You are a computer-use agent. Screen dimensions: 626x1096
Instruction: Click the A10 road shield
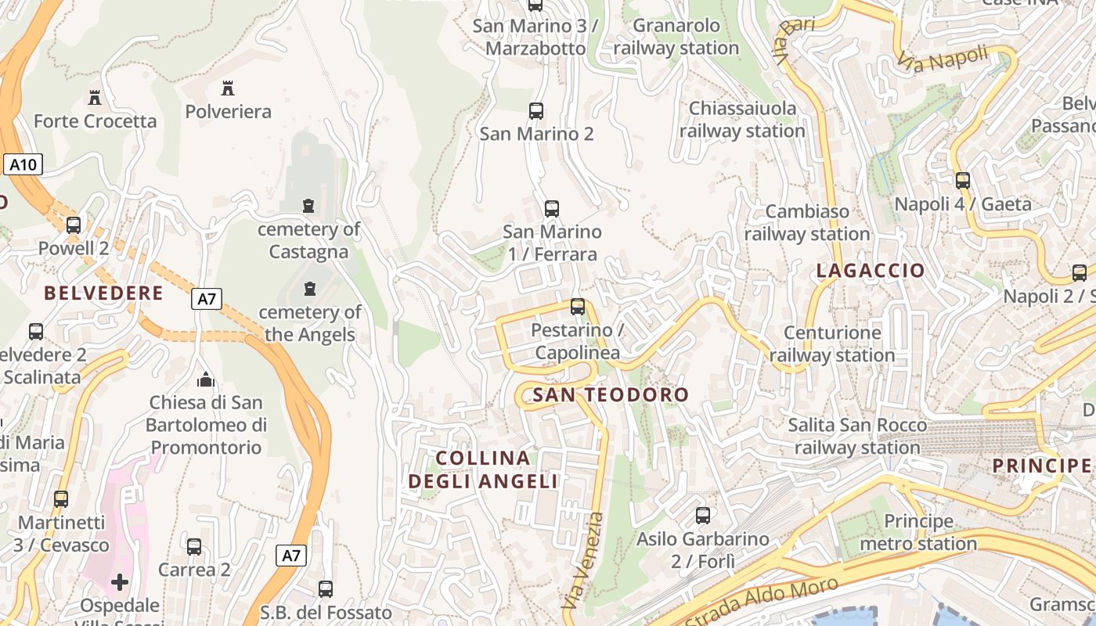click(23, 164)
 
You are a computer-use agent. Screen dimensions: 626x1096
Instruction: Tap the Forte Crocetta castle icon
click(95, 98)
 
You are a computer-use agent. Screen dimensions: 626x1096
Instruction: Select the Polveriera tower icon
click(228, 88)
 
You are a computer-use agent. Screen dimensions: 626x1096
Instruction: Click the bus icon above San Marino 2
click(536, 110)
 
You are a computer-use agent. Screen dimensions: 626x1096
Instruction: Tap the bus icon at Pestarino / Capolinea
click(578, 306)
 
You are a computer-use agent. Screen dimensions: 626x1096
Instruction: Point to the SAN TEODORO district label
click(610, 395)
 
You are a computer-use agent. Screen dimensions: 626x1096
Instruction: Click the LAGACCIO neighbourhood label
click(871, 271)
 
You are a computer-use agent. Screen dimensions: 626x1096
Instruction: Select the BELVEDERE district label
click(103, 293)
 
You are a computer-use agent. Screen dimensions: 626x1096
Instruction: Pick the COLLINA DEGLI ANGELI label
click(483, 469)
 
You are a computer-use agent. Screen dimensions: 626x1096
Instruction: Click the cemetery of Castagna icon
click(308, 206)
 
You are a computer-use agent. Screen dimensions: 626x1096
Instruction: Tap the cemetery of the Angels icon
click(310, 289)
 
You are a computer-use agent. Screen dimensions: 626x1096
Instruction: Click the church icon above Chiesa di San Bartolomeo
click(206, 380)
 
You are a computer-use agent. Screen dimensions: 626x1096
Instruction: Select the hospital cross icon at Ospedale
click(120, 581)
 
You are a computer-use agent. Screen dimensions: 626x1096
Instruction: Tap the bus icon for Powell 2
click(74, 225)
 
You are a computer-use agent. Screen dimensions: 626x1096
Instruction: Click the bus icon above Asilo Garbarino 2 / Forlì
click(703, 515)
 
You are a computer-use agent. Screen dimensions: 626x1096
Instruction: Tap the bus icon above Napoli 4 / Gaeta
click(963, 181)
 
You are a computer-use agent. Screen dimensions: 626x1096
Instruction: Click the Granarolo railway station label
click(676, 37)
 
